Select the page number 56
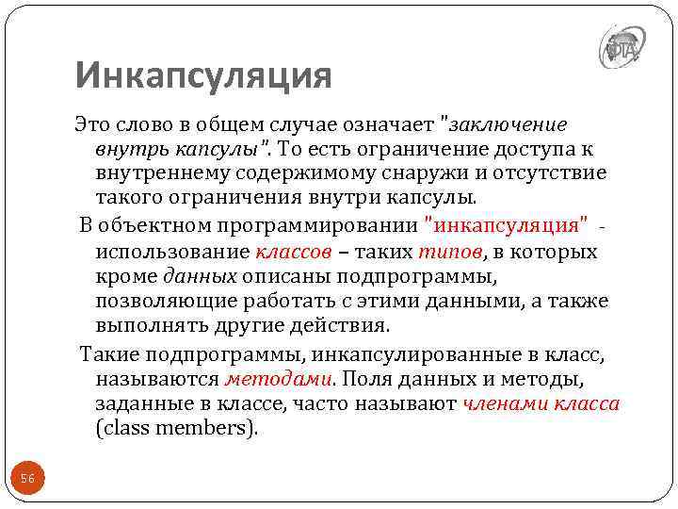(x=28, y=479)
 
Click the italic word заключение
(x=508, y=124)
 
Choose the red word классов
(x=293, y=252)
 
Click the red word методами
(x=278, y=379)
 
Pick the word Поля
(x=370, y=379)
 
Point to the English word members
(x=204, y=429)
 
